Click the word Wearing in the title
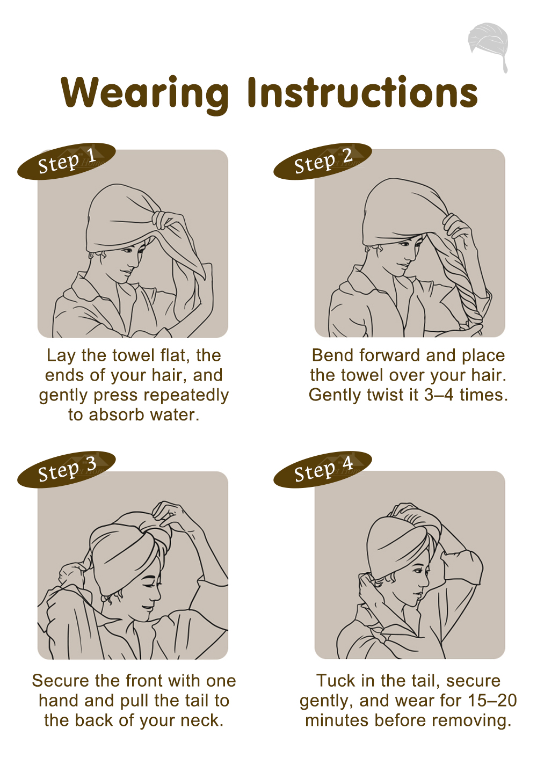pyautogui.click(x=145, y=93)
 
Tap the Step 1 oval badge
pyautogui.click(x=67, y=161)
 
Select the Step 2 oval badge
pyautogui.click(x=323, y=161)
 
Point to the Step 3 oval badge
pyautogui.click(x=67, y=469)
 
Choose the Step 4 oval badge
pyautogui.click(x=323, y=469)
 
